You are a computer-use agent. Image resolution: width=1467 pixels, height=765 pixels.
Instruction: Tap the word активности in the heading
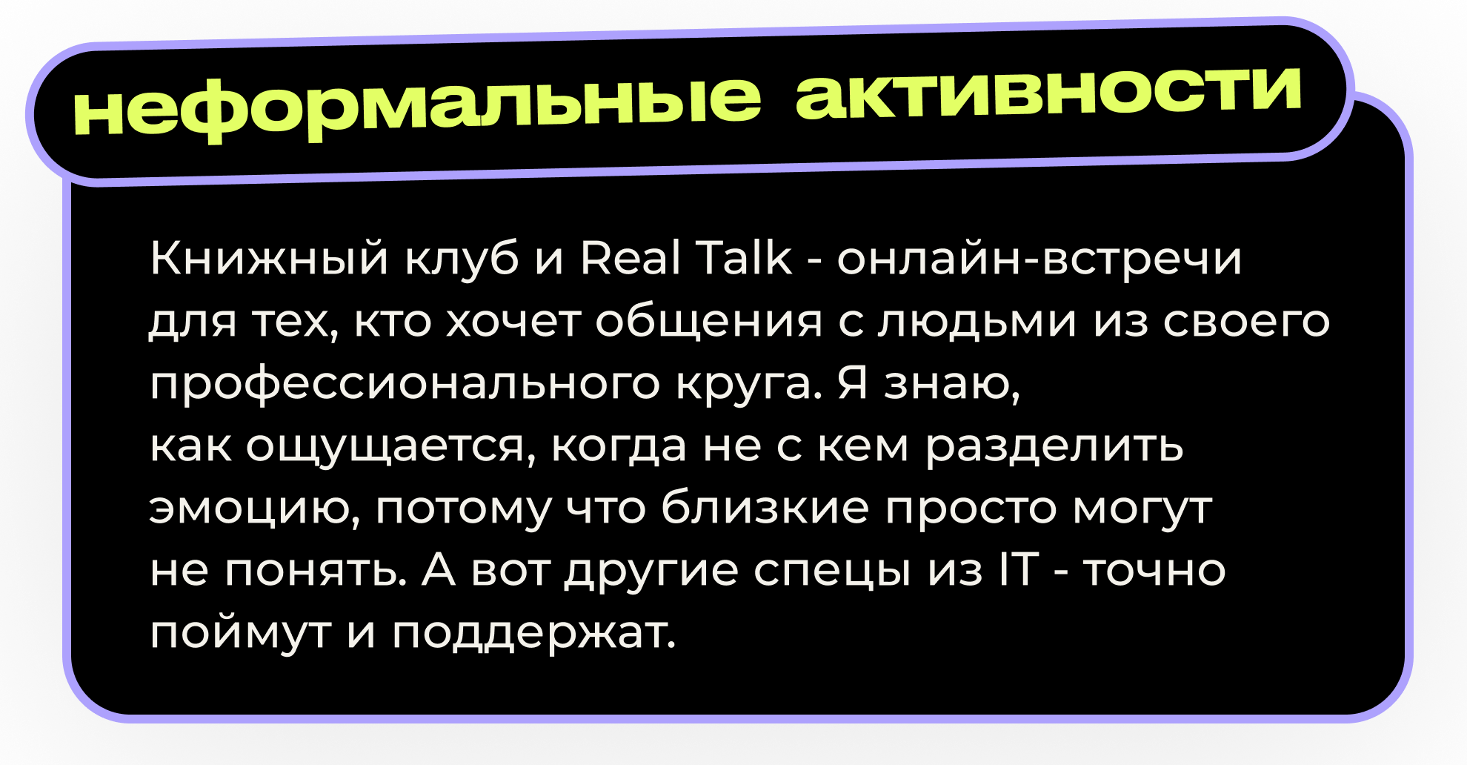click(x=1048, y=93)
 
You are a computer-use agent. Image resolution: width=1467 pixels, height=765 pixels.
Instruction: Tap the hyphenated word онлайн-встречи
click(x=1039, y=259)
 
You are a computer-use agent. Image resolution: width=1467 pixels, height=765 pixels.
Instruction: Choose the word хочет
click(x=513, y=322)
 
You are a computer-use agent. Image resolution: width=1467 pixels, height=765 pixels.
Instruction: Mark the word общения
click(x=708, y=323)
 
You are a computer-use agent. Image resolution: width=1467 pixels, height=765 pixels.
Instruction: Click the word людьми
click(x=977, y=322)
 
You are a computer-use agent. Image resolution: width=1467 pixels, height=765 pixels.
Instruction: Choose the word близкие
click(x=765, y=508)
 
